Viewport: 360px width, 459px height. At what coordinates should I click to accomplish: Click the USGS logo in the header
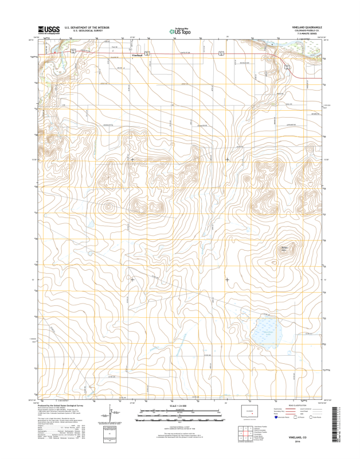49,29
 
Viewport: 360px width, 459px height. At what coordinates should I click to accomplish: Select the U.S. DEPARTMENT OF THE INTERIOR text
87,27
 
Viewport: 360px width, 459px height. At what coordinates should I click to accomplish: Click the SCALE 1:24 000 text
179,406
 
